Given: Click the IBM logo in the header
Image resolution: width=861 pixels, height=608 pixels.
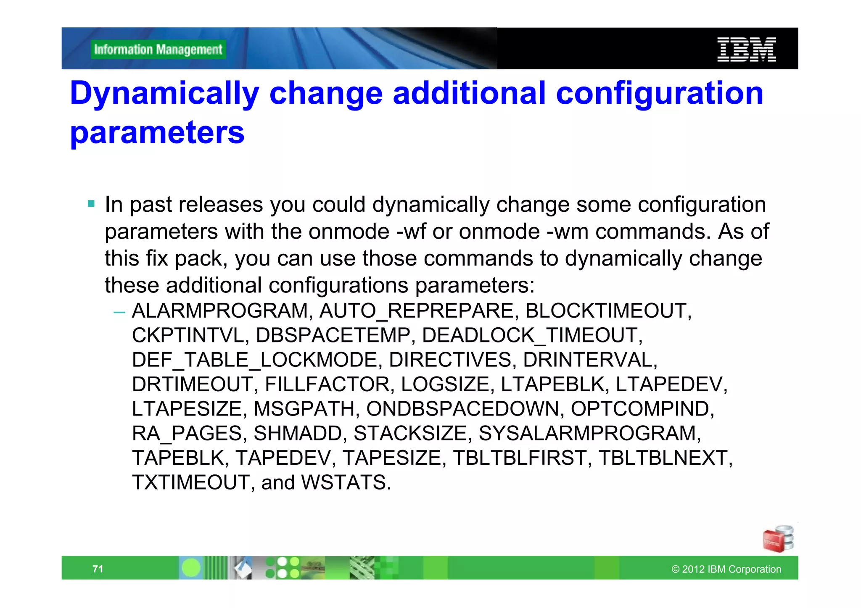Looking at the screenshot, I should coord(746,50).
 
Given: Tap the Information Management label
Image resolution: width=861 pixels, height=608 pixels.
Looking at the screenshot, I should coord(158,50).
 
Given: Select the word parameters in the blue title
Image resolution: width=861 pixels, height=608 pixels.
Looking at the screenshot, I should coord(157,133).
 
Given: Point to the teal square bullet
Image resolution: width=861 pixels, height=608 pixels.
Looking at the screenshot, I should coord(91,204).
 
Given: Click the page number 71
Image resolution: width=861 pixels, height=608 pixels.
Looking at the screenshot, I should coord(98,569).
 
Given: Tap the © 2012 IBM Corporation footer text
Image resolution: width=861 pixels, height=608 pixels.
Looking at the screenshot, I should coord(726,569).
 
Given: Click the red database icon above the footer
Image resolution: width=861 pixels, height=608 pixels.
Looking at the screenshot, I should coord(777,539).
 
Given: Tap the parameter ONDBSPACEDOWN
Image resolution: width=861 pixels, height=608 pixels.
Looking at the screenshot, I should coord(462,409).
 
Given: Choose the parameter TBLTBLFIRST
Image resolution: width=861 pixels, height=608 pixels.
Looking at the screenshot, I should coord(519,458).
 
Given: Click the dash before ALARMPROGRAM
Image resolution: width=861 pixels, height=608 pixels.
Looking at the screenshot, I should coord(119,312).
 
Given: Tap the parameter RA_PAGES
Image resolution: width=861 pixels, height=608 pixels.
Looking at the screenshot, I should coord(186,433).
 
